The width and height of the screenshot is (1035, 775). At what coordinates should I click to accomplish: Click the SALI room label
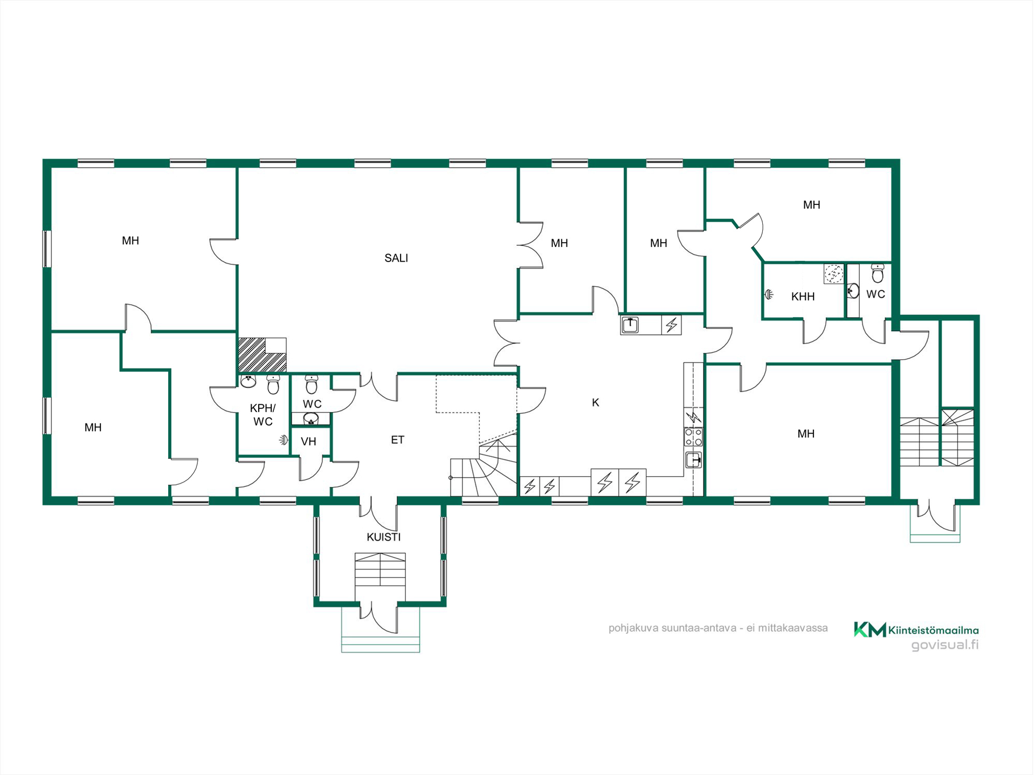point(396,258)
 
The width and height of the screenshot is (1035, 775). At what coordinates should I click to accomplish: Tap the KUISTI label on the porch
point(384,537)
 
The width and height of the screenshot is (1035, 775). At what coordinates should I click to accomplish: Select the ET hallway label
point(397,440)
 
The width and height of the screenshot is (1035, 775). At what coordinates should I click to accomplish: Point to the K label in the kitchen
point(596,403)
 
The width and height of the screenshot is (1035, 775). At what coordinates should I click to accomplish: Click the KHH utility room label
point(803,297)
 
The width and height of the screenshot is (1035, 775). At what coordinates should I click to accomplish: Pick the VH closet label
point(308,442)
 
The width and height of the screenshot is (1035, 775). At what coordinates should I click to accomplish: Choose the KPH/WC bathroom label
point(263,415)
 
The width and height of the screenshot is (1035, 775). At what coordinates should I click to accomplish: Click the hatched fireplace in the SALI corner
point(262,355)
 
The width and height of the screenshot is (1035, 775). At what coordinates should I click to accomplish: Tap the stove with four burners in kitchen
point(693,437)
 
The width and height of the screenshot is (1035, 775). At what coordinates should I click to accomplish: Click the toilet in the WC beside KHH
point(878,273)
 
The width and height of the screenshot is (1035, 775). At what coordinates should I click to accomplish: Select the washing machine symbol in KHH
point(833,273)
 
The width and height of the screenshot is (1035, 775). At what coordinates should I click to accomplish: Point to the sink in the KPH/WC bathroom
point(248,382)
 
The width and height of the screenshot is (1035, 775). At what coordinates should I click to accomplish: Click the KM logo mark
point(870,629)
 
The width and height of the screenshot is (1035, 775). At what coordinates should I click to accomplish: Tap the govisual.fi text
point(945,645)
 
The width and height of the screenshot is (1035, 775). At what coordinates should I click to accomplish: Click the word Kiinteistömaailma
point(933,630)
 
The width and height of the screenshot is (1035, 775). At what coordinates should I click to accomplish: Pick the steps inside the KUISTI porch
point(380,570)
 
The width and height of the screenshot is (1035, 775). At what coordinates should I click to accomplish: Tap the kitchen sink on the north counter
point(630,325)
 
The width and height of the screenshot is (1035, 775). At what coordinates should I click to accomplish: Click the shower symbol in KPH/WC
point(284,440)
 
